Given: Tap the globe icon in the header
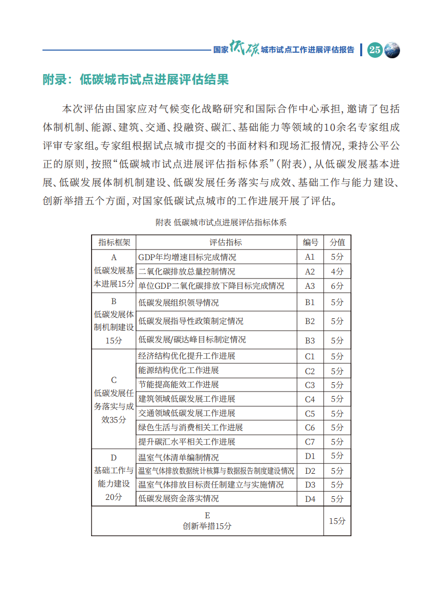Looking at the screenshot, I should (392, 50).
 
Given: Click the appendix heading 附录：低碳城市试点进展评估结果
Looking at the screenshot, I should (135, 80).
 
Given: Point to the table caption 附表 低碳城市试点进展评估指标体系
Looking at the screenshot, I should (221, 222).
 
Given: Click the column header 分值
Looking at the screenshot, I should (337, 242).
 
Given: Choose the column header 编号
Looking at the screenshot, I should (310, 242).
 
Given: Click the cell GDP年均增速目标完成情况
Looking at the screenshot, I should (187, 257).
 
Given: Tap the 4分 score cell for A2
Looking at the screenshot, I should (337, 271).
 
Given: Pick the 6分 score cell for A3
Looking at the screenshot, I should (337, 286).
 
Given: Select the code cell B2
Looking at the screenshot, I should (310, 321).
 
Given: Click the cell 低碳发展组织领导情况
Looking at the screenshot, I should (179, 303).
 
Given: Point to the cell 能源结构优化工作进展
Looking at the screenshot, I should (179, 371).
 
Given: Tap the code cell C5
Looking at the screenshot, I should (310, 414).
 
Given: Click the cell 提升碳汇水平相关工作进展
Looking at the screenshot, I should (187, 442).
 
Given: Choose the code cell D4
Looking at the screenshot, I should (310, 499).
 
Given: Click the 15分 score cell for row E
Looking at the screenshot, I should (337, 521).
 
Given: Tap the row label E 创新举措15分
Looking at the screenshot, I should (207, 521).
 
